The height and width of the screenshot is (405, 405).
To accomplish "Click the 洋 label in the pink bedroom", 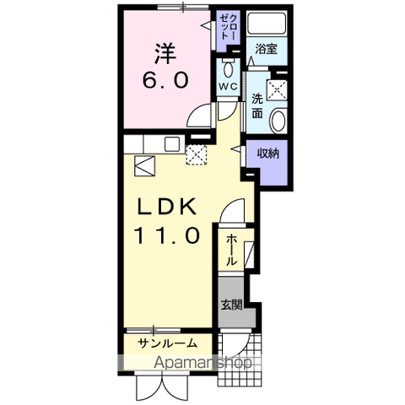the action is (165, 53).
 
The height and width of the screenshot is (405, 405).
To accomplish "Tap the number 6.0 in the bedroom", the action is (165, 79).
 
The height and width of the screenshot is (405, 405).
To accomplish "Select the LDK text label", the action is (166, 207).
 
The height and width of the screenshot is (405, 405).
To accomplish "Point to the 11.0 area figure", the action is (167, 235).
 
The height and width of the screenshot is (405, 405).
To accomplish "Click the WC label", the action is (228, 87).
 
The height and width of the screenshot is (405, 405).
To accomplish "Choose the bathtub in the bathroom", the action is (267, 24).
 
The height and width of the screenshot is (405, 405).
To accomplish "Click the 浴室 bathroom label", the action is (266, 49).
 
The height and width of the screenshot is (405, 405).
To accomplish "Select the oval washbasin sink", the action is (278, 121).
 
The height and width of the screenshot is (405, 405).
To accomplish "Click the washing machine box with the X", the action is (277, 89).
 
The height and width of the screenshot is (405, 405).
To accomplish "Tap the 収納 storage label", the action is (268, 154).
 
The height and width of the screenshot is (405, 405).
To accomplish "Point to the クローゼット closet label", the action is (229, 26).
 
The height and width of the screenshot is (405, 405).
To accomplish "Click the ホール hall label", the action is (231, 250).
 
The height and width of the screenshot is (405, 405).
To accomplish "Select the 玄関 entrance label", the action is (231, 305).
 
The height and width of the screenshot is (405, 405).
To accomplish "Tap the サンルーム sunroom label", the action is (167, 343).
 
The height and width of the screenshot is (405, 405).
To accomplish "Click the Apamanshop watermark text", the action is (203, 363).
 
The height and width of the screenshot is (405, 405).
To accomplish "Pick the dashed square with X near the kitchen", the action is (197, 155).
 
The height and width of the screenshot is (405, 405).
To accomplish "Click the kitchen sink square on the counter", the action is (172, 144).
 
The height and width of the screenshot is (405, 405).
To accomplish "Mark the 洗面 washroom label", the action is (257, 106).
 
